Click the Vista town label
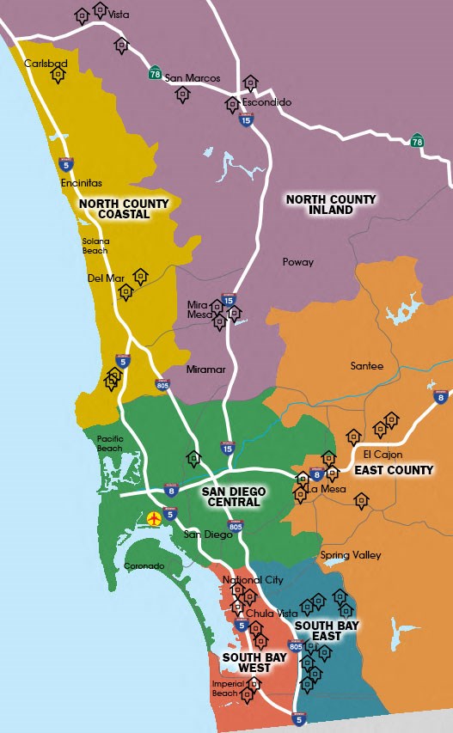tap(119, 15)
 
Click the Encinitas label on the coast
tap(81, 183)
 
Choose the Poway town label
tap(297, 262)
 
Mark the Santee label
tap(367, 366)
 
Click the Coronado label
tap(144, 566)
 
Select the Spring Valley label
tap(351, 555)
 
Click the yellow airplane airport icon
tap(155, 518)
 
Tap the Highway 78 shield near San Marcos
tap(155, 72)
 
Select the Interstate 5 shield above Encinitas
tap(65, 163)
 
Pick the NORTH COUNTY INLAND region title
tap(331, 205)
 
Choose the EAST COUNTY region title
tap(394, 470)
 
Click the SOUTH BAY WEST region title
tap(248, 663)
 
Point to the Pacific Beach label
tap(109, 443)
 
